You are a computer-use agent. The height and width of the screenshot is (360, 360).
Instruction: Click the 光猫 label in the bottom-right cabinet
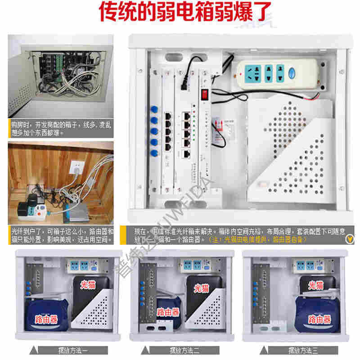(317, 285)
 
